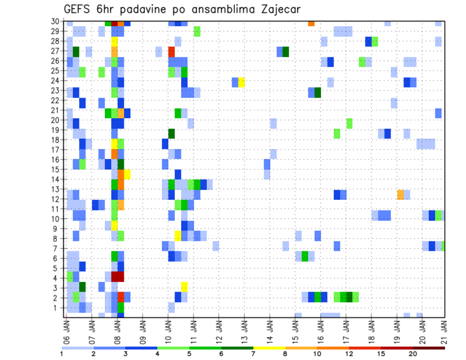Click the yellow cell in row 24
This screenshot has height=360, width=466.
click(x=241, y=82)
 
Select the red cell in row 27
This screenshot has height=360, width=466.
click(x=171, y=51)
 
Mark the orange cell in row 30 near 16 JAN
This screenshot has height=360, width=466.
click(x=311, y=23)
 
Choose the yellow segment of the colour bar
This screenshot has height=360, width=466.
click(x=269, y=347)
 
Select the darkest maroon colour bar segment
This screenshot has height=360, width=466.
click(x=429, y=347)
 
